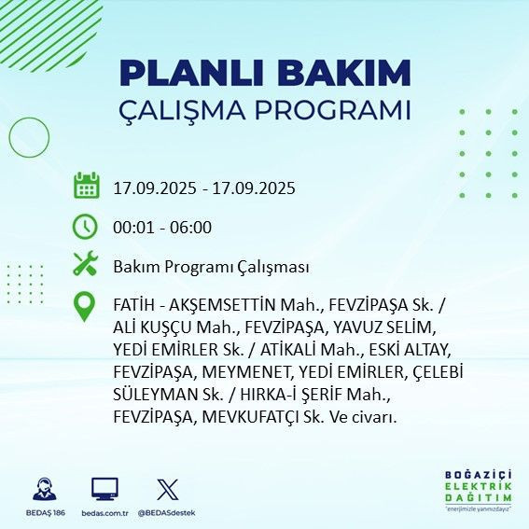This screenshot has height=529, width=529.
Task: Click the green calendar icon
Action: (x=86, y=187)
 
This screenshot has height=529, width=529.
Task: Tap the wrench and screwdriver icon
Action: (x=86, y=265)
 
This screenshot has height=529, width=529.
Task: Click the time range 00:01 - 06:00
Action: (x=162, y=227)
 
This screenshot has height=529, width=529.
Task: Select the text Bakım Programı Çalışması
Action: (x=211, y=267)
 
